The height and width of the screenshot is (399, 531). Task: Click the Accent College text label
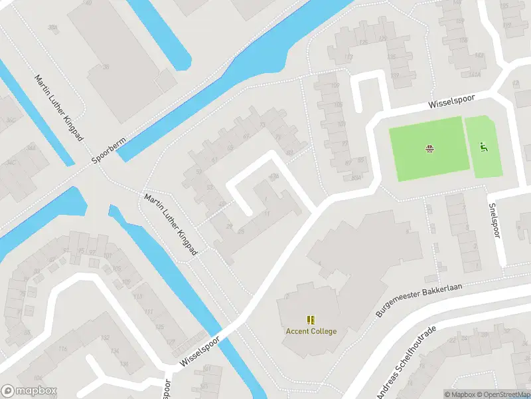pyautogui.click(x=311, y=331)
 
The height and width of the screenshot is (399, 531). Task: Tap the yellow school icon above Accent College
pyautogui.click(x=311, y=320)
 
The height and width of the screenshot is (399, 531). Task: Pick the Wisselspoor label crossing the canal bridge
pyautogui.click(x=201, y=350)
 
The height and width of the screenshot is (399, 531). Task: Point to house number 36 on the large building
pyautogui.click(x=106, y=66)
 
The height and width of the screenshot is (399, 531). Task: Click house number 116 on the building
pyautogui.click(x=63, y=349)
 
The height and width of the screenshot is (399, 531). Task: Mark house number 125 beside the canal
pyautogui.click(x=159, y=327)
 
